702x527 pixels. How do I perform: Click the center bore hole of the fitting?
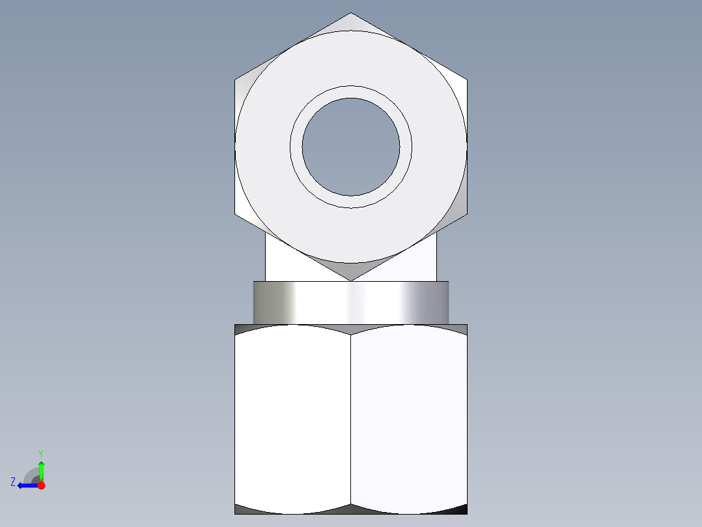point(351,147)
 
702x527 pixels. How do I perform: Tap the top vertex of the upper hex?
point(351,12)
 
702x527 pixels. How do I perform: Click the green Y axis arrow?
point(41,471)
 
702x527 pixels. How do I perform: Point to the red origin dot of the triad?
point(41,485)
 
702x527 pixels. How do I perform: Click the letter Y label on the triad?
point(41,453)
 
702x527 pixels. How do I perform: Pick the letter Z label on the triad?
point(13,482)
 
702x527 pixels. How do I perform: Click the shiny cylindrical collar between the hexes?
point(351,303)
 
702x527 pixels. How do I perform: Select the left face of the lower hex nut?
point(293,419)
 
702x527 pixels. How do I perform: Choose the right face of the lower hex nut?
point(409,419)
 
